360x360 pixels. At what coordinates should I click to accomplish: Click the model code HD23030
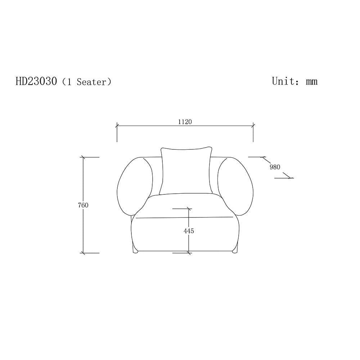[36, 81]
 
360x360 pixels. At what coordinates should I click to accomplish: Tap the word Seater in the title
[91, 82]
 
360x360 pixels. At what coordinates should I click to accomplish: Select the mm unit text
[311, 82]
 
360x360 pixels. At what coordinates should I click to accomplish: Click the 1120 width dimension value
[185, 122]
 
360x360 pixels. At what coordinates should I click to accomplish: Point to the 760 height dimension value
[83, 205]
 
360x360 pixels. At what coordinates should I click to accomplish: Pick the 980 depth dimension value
[275, 167]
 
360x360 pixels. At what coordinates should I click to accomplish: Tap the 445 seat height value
[189, 231]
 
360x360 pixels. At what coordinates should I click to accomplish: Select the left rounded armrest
[135, 186]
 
